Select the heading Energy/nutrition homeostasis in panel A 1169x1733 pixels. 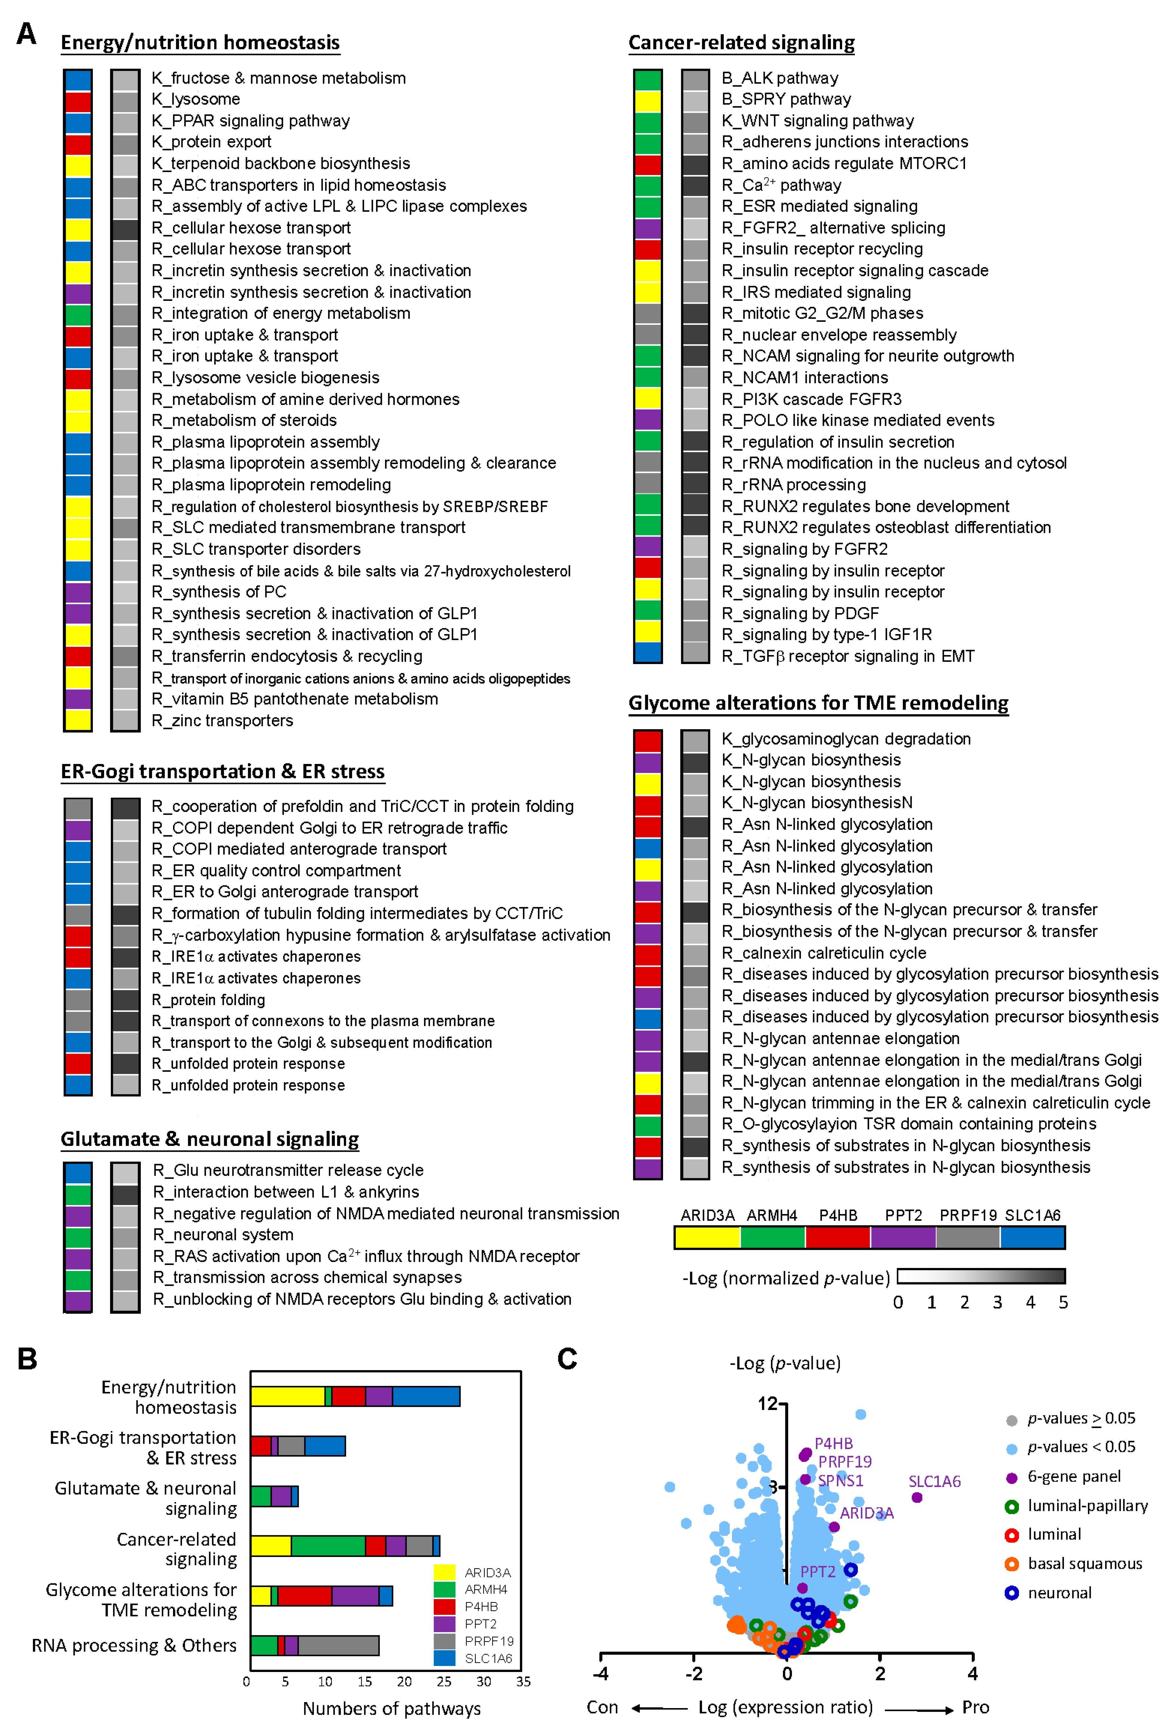click(200, 42)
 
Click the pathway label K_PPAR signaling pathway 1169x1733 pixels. click(251, 121)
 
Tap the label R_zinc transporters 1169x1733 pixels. click(222, 720)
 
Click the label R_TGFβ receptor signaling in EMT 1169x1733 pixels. click(848, 656)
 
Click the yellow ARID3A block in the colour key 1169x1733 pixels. click(707, 1237)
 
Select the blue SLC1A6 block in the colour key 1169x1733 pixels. click(1033, 1237)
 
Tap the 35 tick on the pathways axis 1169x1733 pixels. click(523, 1682)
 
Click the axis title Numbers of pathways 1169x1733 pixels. click(391, 1708)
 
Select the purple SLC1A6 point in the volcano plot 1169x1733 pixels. click(917, 1497)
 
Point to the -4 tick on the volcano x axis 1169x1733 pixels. click(601, 1674)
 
